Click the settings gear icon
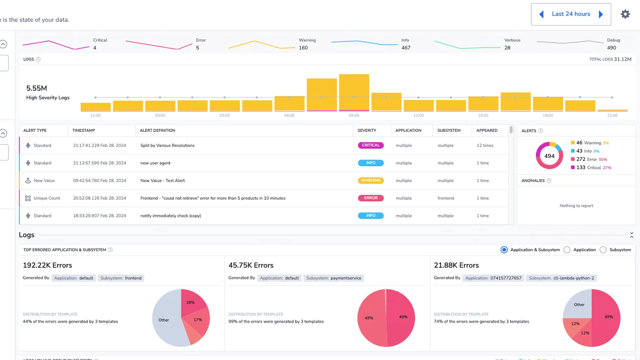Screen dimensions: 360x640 click(x=625, y=14)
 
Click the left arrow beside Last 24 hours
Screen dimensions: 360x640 click(x=541, y=14)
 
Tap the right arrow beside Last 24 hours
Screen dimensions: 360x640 click(x=601, y=14)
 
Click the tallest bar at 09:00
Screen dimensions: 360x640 click(x=354, y=92)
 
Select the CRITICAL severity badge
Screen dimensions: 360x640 click(x=371, y=145)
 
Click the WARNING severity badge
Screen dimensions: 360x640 click(x=371, y=181)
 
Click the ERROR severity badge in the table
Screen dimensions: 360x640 click(x=371, y=198)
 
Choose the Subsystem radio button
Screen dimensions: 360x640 click(x=603, y=250)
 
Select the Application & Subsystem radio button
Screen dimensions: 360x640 click(x=504, y=250)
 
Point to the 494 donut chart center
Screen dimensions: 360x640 click(x=549, y=156)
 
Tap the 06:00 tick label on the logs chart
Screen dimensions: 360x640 click(x=289, y=116)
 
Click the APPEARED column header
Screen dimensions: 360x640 click(x=486, y=131)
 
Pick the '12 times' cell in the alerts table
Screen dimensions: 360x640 click(x=485, y=145)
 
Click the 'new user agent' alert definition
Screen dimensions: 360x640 click(x=155, y=163)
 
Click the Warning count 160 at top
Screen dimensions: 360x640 click(x=303, y=48)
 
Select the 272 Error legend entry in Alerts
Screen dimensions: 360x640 click(x=588, y=159)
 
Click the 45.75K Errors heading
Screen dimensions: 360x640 click(x=251, y=265)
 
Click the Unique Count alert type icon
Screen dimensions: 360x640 click(x=28, y=198)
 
